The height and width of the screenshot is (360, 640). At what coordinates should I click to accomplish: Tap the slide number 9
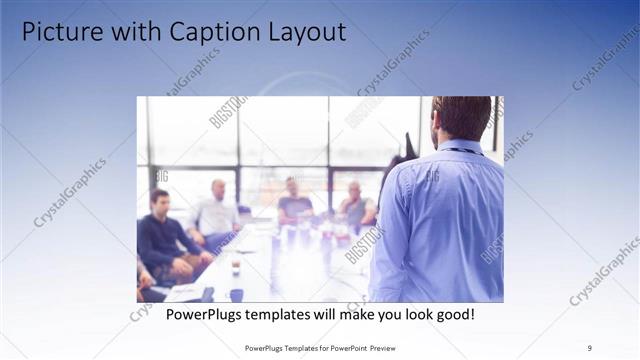[x=590, y=348]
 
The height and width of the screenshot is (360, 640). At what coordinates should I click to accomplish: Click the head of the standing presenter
[x=463, y=117]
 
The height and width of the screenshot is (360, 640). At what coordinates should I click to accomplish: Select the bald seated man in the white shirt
[x=217, y=213]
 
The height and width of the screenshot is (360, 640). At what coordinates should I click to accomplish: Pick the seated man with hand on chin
[x=355, y=206]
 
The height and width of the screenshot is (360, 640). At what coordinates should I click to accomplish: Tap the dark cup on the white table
[x=235, y=267]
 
